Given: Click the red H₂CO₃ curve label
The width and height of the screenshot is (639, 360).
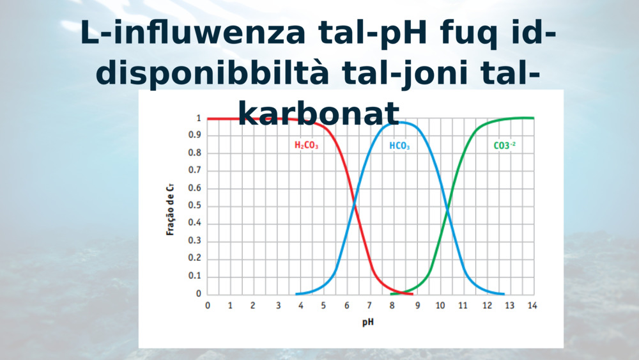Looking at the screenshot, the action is pyautogui.click(x=307, y=145).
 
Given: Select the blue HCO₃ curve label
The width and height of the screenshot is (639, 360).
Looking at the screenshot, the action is pyautogui.click(x=399, y=146).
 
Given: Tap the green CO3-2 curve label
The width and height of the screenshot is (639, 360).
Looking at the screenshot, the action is pyautogui.click(x=505, y=145).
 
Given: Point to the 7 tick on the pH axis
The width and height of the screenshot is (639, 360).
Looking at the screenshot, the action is pyautogui.click(x=369, y=306).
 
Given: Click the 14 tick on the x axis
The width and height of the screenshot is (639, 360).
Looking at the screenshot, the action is pyautogui.click(x=532, y=306).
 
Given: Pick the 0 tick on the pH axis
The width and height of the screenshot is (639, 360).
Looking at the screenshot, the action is pyautogui.click(x=208, y=306).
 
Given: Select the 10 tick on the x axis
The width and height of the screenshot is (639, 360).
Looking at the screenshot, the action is pyautogui.click(x=440, y=306).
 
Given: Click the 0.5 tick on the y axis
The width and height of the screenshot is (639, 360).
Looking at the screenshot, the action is pyautogui.click(x=195, y=205).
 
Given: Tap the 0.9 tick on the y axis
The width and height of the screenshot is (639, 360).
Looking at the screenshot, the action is pyautogui.click(x=195, y=135).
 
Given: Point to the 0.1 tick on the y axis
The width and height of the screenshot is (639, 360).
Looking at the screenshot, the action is pyautogui.click(x=195, y=276).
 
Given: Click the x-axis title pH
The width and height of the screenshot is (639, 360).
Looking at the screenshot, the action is pyautogui.click(x=368, y=322).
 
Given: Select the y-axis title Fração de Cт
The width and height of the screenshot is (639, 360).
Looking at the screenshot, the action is pyautogui.click(x=171, y=210).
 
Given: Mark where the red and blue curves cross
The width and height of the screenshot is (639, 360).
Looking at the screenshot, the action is pyautogui.click(x=354, y=203).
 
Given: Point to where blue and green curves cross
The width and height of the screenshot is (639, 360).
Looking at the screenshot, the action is pyautogui.click(x=447, y=210).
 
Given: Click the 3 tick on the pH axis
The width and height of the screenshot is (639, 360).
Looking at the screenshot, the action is pyautogui.click(x=279, y=306).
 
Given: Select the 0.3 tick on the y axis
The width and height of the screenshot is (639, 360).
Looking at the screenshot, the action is pyautogui.click(x=195, y=240).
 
